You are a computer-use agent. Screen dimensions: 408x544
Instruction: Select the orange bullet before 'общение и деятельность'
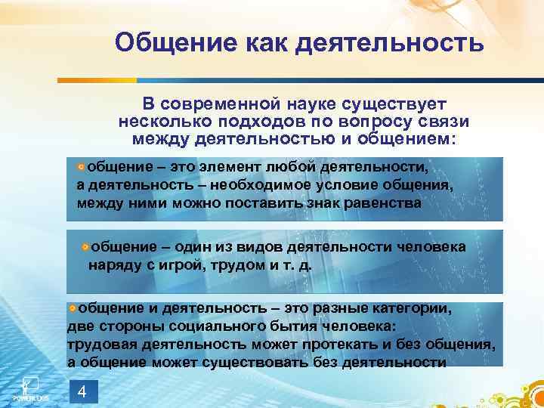pyautogui.click(x=72, y=309)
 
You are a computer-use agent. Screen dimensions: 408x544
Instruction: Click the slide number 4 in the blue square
pyautogui.click(x=83, y=391)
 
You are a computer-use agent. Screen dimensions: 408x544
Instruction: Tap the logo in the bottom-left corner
pyautogui.click(x=29, y=387)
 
